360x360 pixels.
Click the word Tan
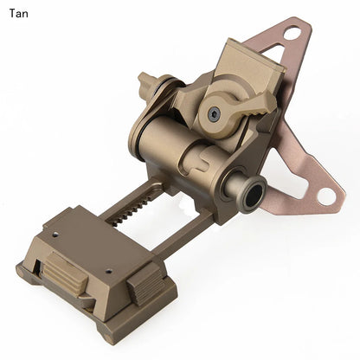tap(18, 13)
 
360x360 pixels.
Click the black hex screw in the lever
tap(213, 115)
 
